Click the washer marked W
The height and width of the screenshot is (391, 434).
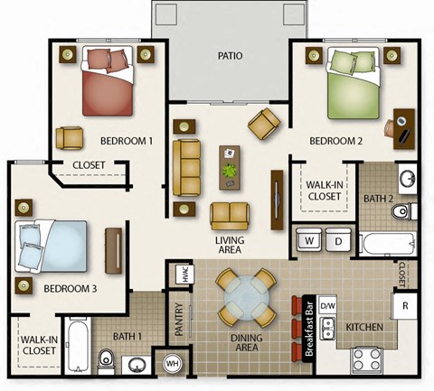[309, 240]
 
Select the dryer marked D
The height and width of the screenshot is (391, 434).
[337, 240]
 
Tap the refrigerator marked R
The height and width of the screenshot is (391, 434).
[406, 304]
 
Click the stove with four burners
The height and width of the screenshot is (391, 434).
[369, 359]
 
